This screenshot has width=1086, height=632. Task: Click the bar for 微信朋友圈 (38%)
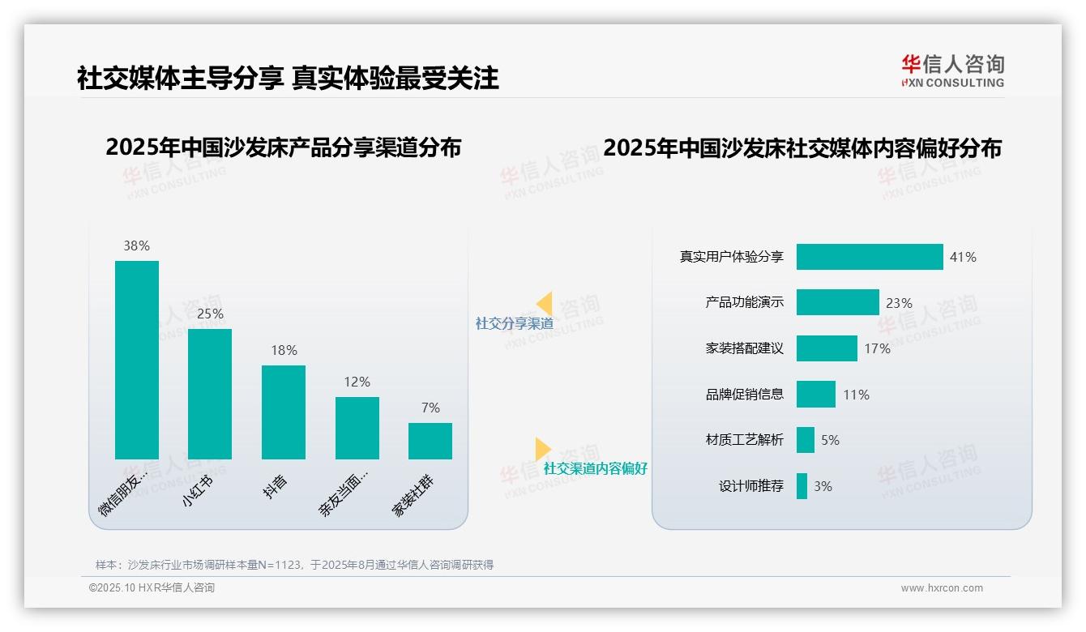pos(137,360)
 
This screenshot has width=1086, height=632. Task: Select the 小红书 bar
pos(210,394)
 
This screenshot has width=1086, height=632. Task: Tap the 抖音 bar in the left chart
pos(284,412)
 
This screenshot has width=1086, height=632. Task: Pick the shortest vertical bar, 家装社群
pos(430,441)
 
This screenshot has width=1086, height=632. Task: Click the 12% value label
pos(357,382)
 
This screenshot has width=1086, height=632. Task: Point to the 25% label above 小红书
pos(210,314)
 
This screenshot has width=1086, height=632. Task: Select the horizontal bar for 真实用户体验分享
pos(870,257)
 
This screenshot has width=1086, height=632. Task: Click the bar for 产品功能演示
pos(837,302)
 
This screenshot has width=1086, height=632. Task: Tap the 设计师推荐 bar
pos(802,486)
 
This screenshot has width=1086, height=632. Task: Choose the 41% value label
pos(963,257)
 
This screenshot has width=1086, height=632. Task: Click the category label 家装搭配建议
pos(744,348)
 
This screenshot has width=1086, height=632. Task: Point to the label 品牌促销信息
pos(744,395)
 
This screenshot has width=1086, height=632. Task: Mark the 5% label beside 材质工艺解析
pos(830,440)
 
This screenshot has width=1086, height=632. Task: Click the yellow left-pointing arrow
pos(545,303)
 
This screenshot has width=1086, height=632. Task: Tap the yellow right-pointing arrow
pos(542,448)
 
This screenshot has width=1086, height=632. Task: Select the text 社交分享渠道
pos(514,323)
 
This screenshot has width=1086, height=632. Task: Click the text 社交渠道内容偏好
pos(595,468)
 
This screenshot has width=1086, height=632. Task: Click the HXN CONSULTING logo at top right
pos(952,71)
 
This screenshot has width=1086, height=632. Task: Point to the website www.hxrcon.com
pos(941,588)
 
